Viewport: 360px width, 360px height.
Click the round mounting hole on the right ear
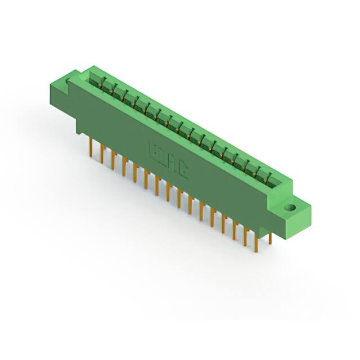pyautogui.click(x=291, y=208)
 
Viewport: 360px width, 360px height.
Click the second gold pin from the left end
pyautogui.click(x=102, y=152)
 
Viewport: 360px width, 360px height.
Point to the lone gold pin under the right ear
pyautogui.click(x=270, y=238)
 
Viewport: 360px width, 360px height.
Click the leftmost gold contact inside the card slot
pyautogui.click(x=101, y=84)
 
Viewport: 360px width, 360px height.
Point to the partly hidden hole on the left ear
pyautogui.click(x=69, y=82)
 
